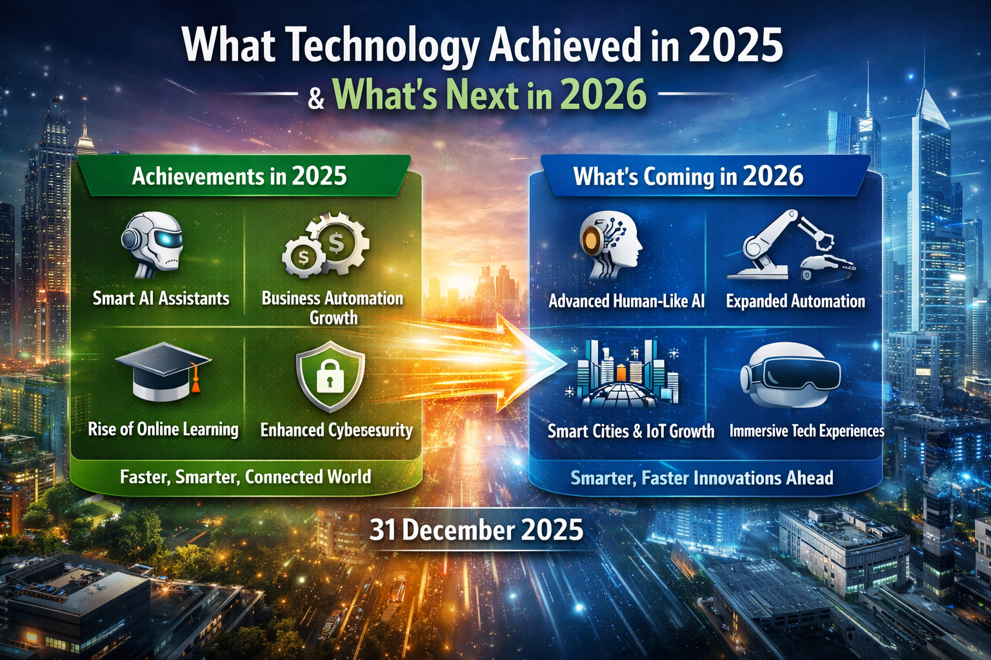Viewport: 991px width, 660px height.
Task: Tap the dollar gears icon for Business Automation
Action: click(x=326, y=247)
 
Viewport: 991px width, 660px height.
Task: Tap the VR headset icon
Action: click(x=791, y=374)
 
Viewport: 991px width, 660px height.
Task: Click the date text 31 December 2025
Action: click(x=476, y=530)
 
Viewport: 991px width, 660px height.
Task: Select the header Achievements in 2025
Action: click(x=239, y=176)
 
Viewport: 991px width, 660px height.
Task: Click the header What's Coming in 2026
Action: click(x=688, y=177)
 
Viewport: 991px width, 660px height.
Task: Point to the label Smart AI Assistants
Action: click(x=161, y=298)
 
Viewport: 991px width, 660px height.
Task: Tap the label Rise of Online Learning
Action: click(x=163, y=429)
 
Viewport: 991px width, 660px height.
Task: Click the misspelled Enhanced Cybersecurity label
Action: click(x=336, y=430)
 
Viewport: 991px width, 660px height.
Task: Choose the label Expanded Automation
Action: click(x=796, y=301)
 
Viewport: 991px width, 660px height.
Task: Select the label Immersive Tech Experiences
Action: click(x=806, y=431)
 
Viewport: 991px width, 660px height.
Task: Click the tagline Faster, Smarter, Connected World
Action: click(x=245, y=477)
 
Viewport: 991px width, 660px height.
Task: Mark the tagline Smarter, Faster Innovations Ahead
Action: click(x=702, y=478)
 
